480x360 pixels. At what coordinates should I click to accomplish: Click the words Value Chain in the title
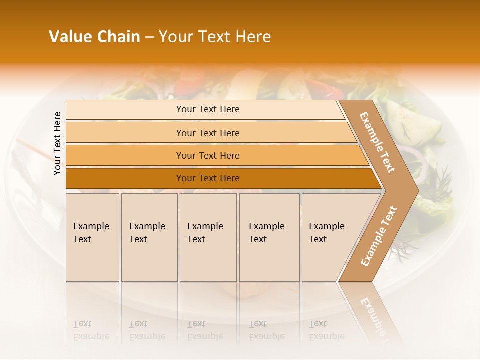tap(94, 37)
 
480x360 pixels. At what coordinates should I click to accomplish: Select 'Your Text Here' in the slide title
tap(215, 37)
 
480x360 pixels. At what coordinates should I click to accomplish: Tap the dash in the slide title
tap(149, 37)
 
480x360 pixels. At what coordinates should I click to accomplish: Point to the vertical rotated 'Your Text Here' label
tap(57, 143)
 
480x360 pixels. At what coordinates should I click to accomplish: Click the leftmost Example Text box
tap(92, 237)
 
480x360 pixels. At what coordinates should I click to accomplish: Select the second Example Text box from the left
tap(149, 237)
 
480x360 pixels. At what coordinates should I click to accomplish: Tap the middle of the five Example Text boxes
tap(208, 237)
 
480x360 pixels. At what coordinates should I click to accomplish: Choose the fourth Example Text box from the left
tap(269, 237)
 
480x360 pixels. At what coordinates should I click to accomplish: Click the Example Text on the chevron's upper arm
tap(377, 142)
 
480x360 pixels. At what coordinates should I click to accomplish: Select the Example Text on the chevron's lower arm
tap(378, 236)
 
